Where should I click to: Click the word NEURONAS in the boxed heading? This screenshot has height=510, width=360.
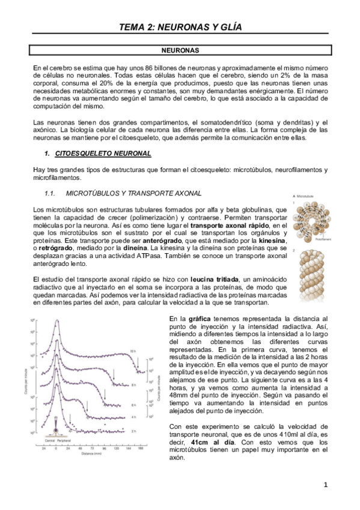click(x=180, y=51)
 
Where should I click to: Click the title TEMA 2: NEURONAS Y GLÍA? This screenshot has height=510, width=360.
click(x=180, y=26)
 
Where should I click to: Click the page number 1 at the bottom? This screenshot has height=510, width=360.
click(x=325, y=484)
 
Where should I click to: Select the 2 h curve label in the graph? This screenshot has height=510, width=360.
click(x=133, y=431)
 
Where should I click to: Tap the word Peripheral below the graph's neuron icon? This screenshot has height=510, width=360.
click(x=64, y=440)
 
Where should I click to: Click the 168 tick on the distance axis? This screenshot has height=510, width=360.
click(x=140, y=448)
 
